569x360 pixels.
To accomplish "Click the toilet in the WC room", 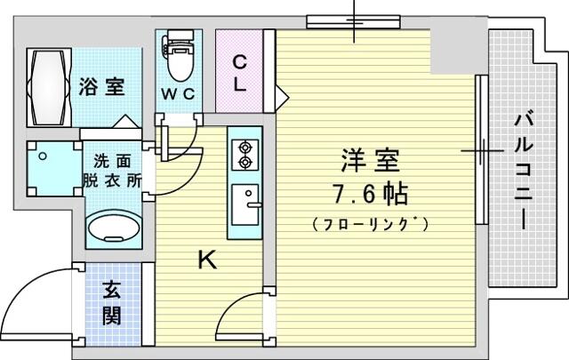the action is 179,55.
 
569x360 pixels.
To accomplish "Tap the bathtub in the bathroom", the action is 49,87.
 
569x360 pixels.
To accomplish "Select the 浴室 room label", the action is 102,87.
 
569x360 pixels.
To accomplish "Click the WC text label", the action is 178,94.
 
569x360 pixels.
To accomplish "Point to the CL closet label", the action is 239,73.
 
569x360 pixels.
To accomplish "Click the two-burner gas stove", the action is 245,155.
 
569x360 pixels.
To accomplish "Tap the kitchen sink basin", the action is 245,204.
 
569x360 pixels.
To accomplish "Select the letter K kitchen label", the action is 207,260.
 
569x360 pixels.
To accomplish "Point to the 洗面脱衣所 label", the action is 112,171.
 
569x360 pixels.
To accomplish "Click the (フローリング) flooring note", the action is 370,224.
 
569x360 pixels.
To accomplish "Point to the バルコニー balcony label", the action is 524,172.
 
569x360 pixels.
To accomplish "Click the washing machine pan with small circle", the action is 54,169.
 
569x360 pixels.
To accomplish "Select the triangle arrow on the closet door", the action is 282,97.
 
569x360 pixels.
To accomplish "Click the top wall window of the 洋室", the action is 354,21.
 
